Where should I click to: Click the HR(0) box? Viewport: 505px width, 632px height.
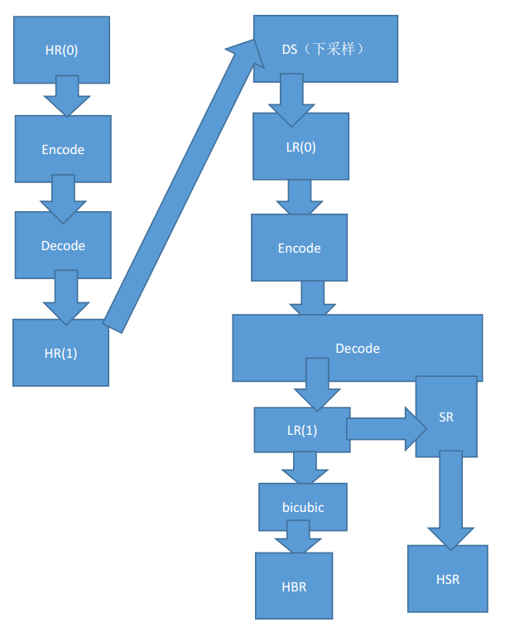62,50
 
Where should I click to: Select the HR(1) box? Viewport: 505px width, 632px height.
60,352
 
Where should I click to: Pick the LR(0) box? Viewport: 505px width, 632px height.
301,147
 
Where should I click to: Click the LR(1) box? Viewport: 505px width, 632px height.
301,430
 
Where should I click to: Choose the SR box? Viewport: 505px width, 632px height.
446,417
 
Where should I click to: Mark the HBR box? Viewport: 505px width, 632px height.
294,586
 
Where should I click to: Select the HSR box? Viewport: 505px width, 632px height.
447,579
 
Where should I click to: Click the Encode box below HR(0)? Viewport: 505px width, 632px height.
62,149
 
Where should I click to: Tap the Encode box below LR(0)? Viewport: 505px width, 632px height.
299,248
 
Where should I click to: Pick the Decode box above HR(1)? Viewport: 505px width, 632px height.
63,245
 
